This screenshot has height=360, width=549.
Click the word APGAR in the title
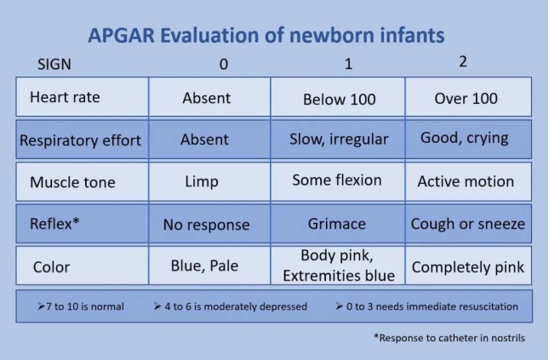(x=121, y=36)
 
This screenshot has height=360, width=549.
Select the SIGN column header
(x=54, y=64)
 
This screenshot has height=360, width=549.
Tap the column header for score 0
(x=224, y=65)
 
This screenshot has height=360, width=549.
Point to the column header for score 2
(x=463, y=61)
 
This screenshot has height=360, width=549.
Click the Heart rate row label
(x=65, y=97)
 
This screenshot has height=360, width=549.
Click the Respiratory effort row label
(x=80, y=140)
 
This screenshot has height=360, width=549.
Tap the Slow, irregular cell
(x=339, y=140)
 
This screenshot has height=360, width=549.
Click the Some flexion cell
(x=337, y=180)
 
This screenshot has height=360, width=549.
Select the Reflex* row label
(x=54, y=224)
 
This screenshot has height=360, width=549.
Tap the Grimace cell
(x=337, y=224)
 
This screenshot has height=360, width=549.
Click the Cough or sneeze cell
(x=468, y=224)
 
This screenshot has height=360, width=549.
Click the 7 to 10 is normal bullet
(x=81, y=306)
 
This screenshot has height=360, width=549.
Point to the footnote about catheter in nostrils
(x=449, y=338)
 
